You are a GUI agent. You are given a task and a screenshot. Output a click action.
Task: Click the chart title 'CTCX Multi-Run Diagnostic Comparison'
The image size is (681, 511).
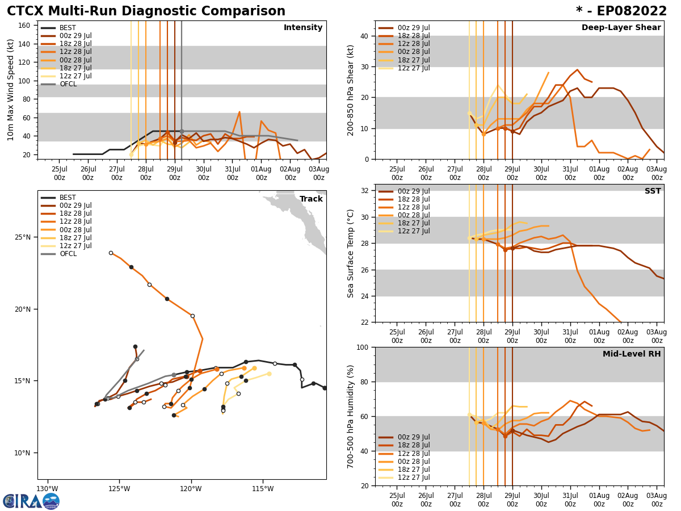pos(146,11)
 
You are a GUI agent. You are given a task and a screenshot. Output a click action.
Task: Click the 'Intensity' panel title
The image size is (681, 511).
pos(303,28)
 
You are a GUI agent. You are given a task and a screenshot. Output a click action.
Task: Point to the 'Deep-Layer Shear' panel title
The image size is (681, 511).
pos(621,28)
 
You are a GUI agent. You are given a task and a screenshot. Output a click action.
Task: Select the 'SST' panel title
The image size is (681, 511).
pos(652,191)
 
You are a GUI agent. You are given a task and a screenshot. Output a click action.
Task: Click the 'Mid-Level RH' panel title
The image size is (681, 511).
pos(632,354)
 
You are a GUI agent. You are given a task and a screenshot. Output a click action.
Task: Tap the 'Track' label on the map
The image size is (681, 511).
pos(311,199)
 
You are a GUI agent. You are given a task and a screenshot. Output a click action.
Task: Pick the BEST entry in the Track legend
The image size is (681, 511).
pos(68,198)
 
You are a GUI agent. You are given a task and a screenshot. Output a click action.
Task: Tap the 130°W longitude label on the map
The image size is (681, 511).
pos(47,489)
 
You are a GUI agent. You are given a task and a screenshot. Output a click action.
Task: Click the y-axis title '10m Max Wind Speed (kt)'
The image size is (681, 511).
pos(11,90)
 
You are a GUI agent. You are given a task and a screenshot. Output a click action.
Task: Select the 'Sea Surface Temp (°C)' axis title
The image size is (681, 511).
pos(351,253)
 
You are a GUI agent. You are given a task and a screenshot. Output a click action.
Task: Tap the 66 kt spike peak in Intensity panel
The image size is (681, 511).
pos(239,112)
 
